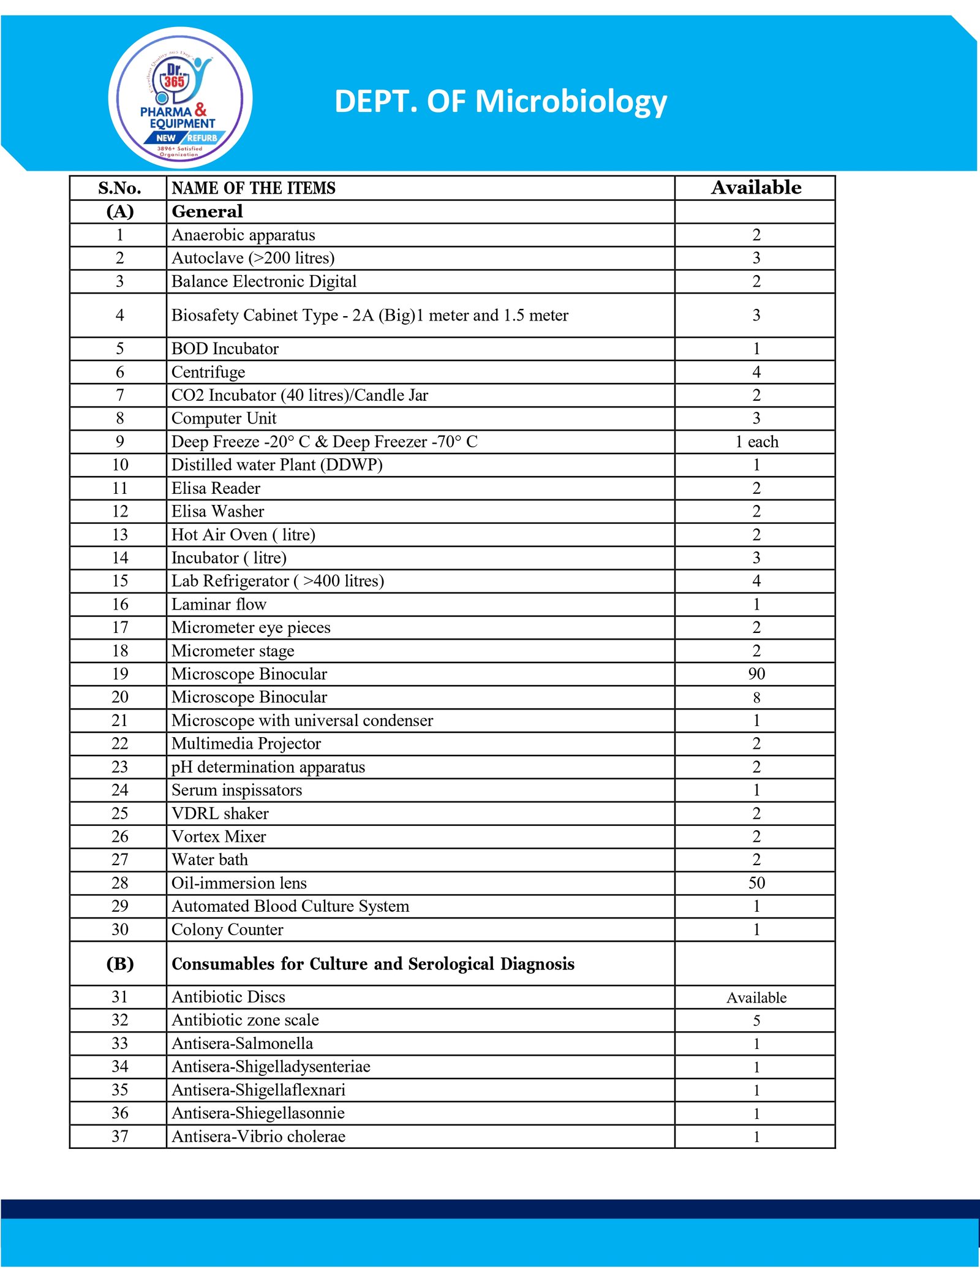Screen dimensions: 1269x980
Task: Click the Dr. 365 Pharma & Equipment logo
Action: pyautogui.click(x=180, y=98)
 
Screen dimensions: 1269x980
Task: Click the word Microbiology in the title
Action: pyautogui.click(x=571, y=101)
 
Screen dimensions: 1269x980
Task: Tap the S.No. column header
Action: pyautogui.click(x=119, y=188)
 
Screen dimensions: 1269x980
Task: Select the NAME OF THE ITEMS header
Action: pyautogui.click(x=254, y=188)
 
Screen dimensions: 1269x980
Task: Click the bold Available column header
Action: pyautogui.click(x=756, y=188)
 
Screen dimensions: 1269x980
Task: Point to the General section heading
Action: pyautogui.click(x=207, y=211)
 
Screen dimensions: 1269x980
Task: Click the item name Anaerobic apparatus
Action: pyautogui.click(x=243, y=235)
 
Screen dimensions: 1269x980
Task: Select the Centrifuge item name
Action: pyautogui.click(x=208, y=372)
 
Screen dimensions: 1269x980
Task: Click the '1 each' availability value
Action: pyautogui.click(x=756, y=442)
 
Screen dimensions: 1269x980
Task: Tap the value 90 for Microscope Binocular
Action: pyautogui.click(x=756, y=674)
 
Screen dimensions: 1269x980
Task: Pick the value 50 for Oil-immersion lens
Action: pyautogui.click(x=756, y=883)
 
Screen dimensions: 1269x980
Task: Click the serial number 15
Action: pyautogui.click(x=120, y=581)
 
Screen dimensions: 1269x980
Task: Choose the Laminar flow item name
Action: pyautogui.click(x=219, y=604)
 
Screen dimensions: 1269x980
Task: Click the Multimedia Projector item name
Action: pyautogui.click(x=246, y=744)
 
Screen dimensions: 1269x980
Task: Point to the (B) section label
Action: pyautogui.click(x=120, y=964)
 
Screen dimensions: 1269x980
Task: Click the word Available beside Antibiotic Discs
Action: pyautogui.click(x=756, y=998)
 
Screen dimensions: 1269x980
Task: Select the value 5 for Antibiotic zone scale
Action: pyautogui.click(x=756, y=1021)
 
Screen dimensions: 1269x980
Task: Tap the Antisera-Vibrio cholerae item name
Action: pyautogui.click(x=258, y=1137)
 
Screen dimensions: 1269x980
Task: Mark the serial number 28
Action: pyautogui.click(x=120, y=883)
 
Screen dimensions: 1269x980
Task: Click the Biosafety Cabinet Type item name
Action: pyautogui.click(x=370, y=315)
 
